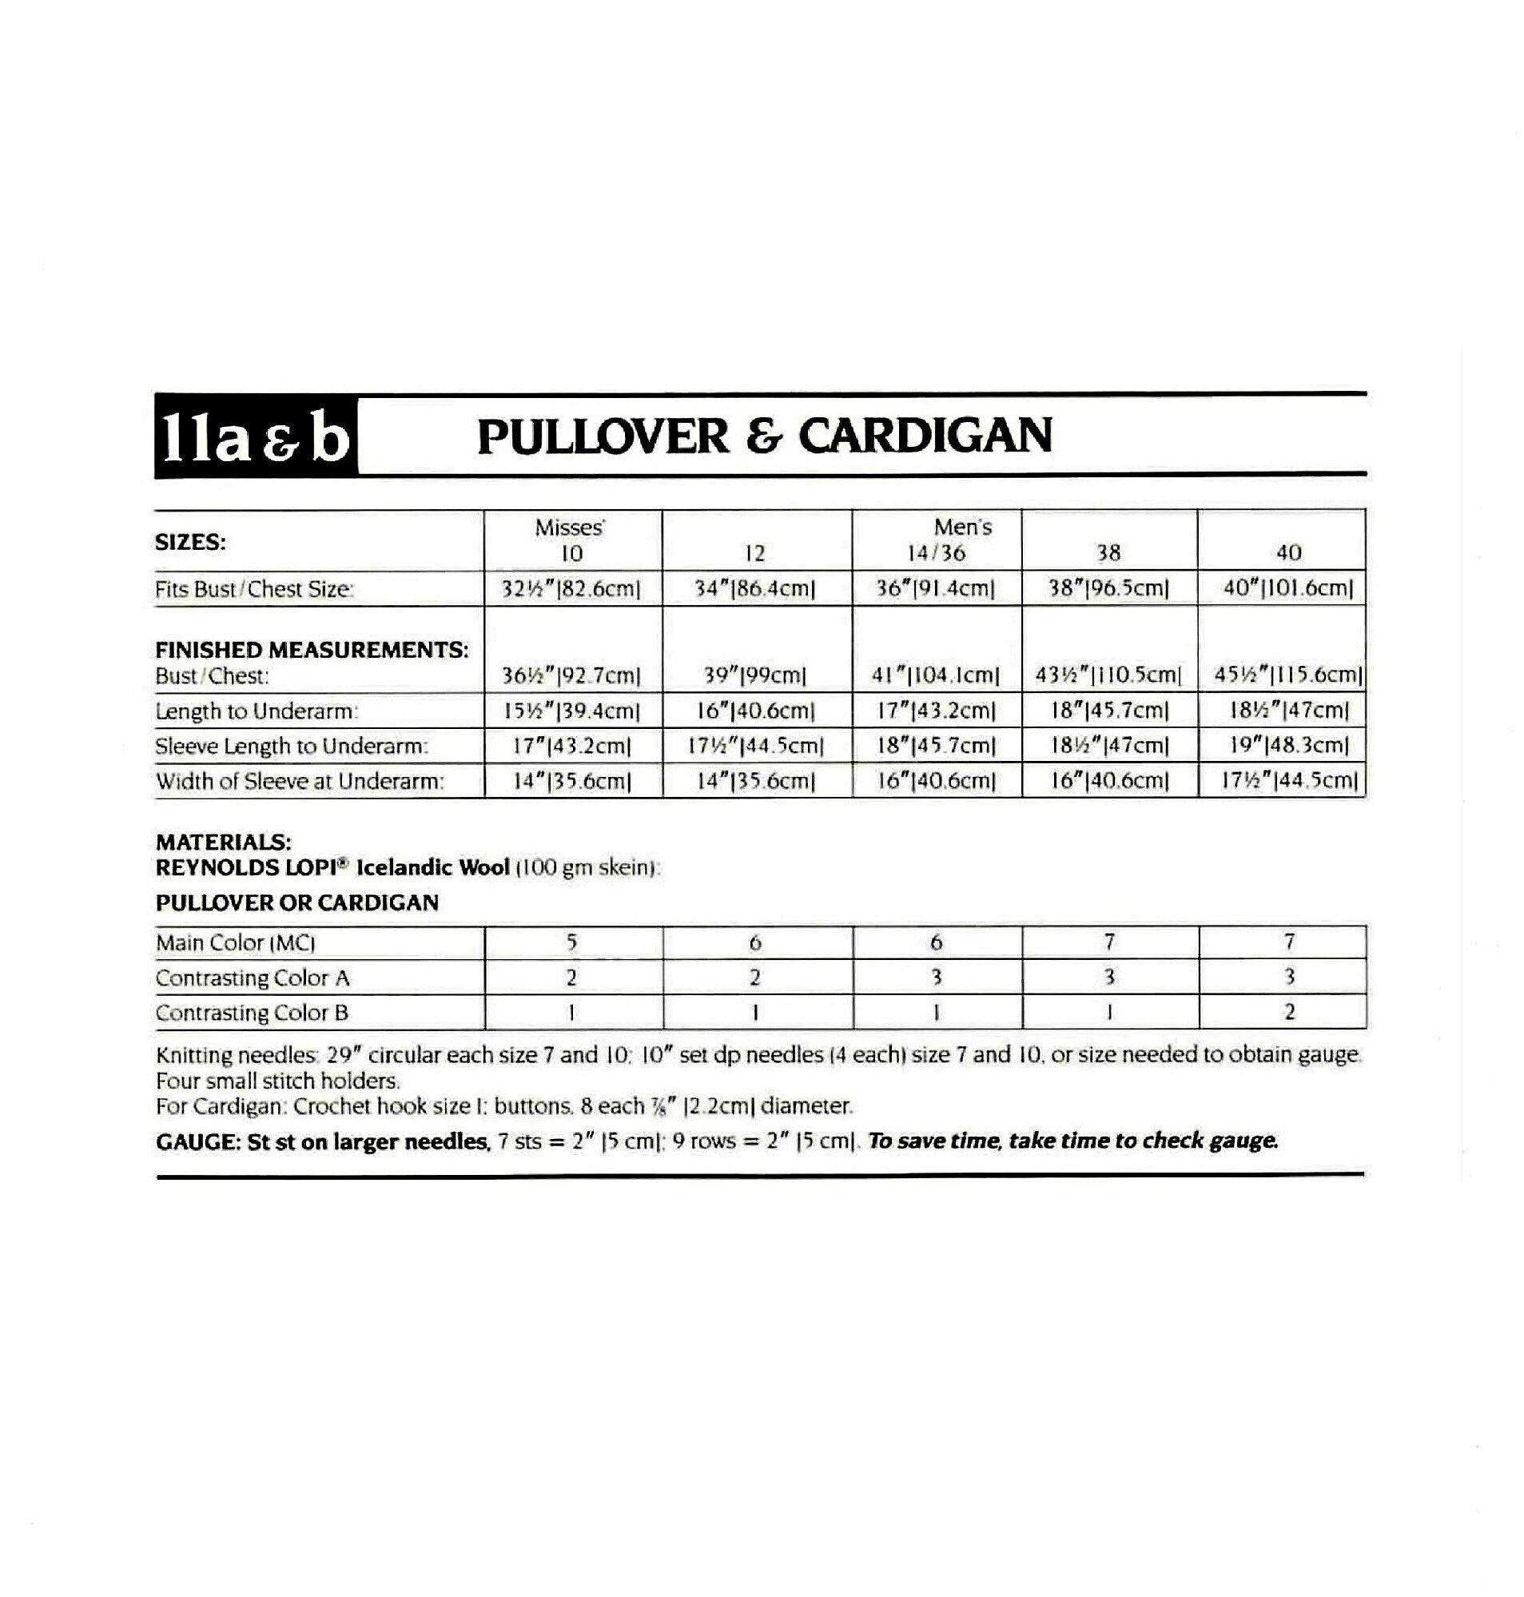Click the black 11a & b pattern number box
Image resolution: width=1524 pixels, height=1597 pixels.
pos(256,436)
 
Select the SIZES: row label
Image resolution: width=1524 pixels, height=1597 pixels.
pos(190,543)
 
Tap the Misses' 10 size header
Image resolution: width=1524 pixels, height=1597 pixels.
pos(571,541)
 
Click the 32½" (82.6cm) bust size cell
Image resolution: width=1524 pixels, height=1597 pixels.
pos(572,589)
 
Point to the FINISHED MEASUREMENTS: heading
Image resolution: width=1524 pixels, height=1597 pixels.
pos(311,650)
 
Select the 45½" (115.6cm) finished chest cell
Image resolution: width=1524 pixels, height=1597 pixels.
pos(1287,675)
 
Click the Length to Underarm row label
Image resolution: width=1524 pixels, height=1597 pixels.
pos(256,711)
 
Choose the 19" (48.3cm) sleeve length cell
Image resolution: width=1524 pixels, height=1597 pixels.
pos(1288,746)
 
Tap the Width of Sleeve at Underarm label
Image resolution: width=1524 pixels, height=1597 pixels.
pos(300,782)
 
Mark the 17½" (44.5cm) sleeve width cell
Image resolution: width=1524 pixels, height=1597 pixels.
pos(1288,782)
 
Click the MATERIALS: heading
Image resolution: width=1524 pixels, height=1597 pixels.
pos(224,842)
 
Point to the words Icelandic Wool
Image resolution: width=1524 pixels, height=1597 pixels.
pos(433,867)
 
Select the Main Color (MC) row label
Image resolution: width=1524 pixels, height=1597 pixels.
pos(236,943)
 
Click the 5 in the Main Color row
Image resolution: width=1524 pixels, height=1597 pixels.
pos(572,942)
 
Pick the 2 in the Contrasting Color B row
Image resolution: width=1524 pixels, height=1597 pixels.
pos(1288,1012)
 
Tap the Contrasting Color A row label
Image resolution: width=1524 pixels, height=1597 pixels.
pos(253,978)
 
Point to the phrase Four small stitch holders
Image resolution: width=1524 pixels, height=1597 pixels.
pos(278,1081)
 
